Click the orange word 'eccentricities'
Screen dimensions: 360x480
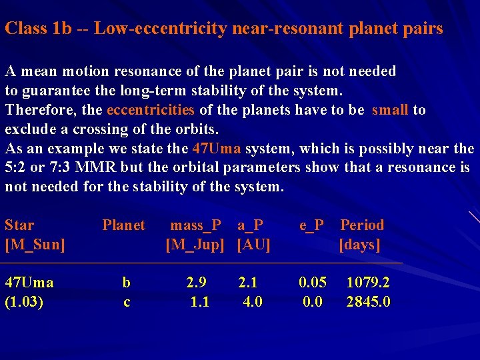point(150,110)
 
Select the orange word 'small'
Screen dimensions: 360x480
point(390,110)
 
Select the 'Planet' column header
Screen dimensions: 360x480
point(123,225)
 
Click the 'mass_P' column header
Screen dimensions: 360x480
point(196,225)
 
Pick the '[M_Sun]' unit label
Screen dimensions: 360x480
point(35,245)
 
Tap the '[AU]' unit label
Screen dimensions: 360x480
point(253,245)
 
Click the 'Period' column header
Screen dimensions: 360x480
point(362,225)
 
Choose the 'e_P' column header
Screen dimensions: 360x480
point(311,225)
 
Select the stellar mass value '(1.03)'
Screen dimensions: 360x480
point(25,302)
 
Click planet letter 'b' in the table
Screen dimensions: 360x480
point(126,283)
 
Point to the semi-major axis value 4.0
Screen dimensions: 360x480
point(253,302)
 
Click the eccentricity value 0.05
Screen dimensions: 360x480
point(313,283)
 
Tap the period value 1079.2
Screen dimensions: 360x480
point(368,283)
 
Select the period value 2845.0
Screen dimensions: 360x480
point(368,302)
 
